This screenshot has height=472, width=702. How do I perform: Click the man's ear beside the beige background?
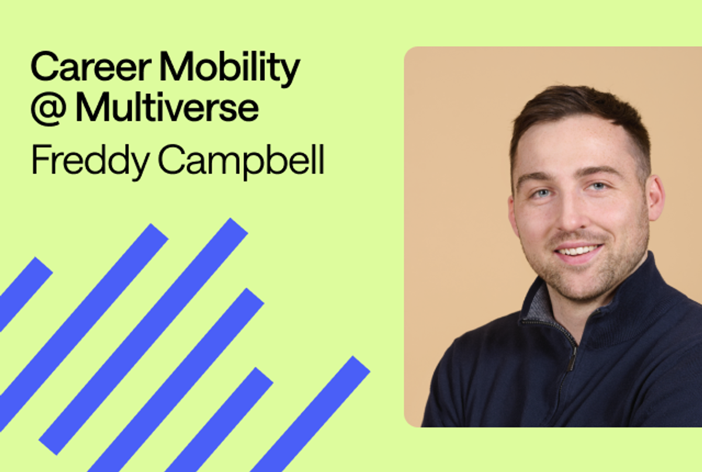(655, 199)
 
